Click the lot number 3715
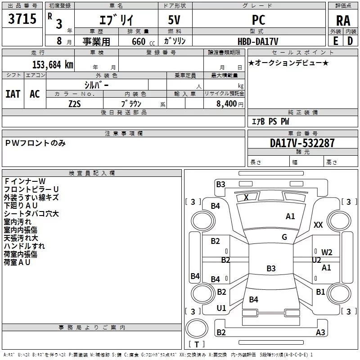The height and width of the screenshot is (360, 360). (22, 18)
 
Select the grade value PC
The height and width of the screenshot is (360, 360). (258, 20)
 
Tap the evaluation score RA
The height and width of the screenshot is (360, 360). (343, 21)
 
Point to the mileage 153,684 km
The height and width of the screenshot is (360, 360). (53, 65)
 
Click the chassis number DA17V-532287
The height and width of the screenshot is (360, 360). (302, 143)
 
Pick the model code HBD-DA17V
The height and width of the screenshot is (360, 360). (258, 41)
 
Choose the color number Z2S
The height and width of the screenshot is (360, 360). (75, 104)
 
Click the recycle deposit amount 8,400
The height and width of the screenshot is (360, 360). (226, 104)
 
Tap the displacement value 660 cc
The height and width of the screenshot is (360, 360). (143, 42)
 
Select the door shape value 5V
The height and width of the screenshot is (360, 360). (174, 20)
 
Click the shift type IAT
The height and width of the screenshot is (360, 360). (13, 94)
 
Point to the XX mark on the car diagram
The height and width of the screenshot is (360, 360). (318, 225)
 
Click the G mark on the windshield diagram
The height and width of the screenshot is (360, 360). (284, 237)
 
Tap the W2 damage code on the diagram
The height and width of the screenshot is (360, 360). (327, 252)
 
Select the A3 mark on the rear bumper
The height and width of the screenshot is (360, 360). (320, 332)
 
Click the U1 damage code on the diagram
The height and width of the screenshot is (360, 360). (221, 308)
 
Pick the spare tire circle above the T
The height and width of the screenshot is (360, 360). (197, 328)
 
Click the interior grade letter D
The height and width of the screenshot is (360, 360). (350, 41)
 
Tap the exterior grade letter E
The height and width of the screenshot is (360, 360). (335, 41)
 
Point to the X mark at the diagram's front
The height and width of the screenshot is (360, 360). (246, 197)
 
